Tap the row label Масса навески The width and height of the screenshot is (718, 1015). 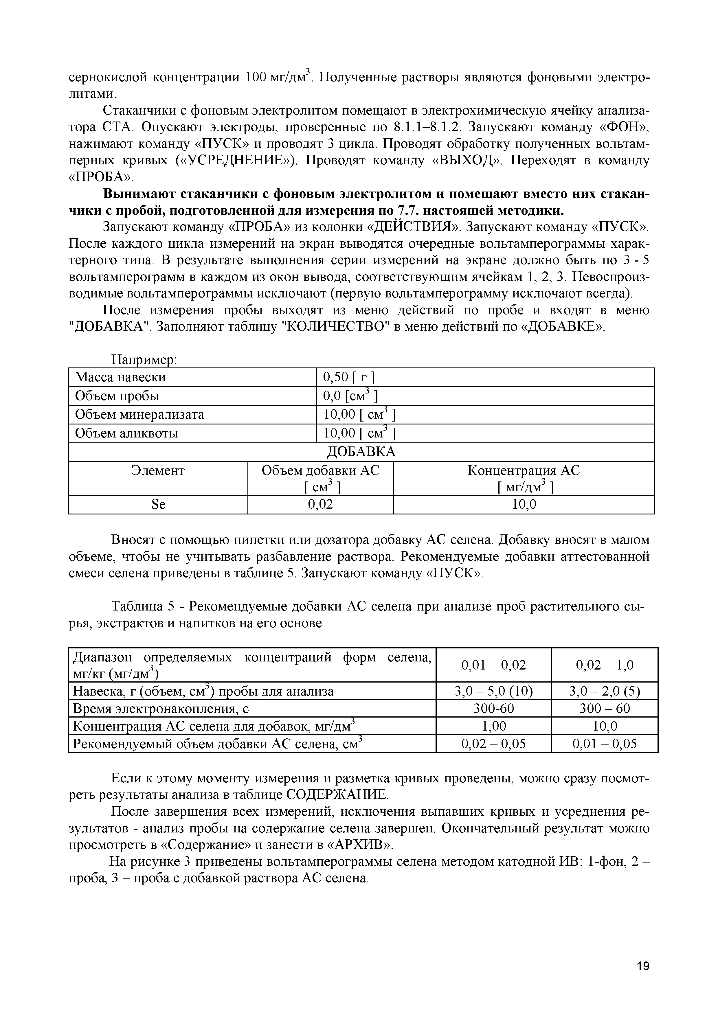click(x=120, y=377)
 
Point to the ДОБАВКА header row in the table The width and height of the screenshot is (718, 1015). click(x=361, y=451)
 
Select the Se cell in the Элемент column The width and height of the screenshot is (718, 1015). click(x=158, y=504)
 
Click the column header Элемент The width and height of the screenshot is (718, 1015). click(x=158, y=470)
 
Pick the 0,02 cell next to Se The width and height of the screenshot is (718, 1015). click(x=320, y=504)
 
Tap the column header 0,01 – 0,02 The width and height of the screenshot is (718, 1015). click(x=493, y=665)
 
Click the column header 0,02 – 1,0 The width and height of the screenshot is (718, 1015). click(x=604, y=665)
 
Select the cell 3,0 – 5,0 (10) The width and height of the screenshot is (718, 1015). click(x=493, y=691)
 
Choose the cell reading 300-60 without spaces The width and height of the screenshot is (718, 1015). click(x=493, y=709)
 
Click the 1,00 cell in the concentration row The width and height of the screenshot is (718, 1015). click(x=493, y=726)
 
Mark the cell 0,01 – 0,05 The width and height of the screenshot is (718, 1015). click(x=604, y=744)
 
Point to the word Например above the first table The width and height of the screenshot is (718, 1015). click(x=144, y=360)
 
